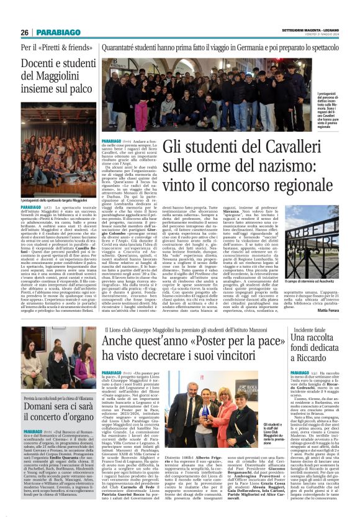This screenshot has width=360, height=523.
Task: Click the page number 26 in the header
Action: (25, 32)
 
